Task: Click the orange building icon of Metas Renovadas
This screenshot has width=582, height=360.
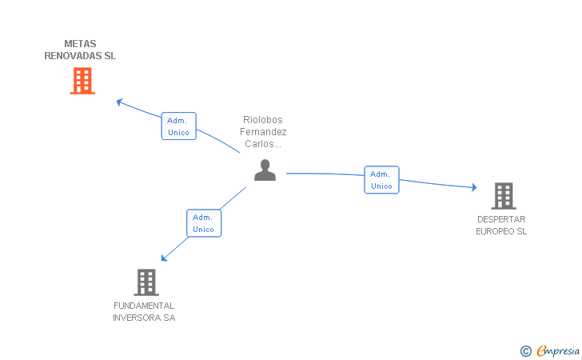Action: click(x=82, y=81)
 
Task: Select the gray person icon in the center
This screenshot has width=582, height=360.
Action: click(x=265, y=170)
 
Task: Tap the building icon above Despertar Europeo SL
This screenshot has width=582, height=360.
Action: click(x=503, y=195)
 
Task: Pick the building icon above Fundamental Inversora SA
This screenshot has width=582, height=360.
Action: click(x=145, y=282)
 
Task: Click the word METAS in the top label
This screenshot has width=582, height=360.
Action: click(x=80, y=44)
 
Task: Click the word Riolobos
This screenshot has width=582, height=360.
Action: click(x=263, y=120)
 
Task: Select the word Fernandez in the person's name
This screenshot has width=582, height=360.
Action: click(x=265, y=132)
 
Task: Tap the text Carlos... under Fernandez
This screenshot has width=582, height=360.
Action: click(x=265, y=144)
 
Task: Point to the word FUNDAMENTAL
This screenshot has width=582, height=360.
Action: click(x=144, y=306)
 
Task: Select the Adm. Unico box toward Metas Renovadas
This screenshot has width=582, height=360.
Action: click(x=178, y=126)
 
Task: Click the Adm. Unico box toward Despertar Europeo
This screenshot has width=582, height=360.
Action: click(x=381, y=180)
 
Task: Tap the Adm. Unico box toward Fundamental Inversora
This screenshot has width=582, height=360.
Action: click(x=204, y=223)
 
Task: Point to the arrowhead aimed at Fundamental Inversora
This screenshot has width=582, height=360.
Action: click(x=164, y=258)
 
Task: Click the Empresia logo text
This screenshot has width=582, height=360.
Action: click(x=558, y=350)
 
